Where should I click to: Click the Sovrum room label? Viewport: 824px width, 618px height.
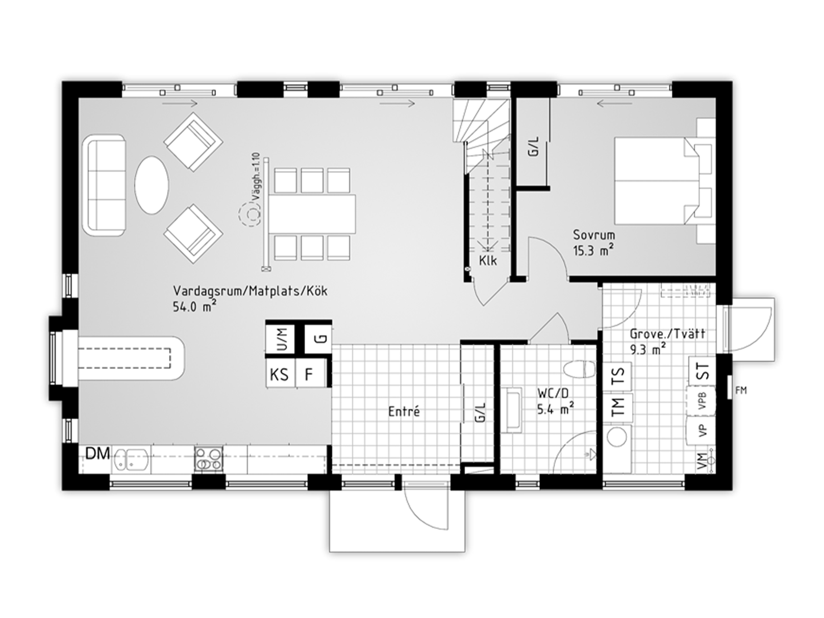coord(594,235)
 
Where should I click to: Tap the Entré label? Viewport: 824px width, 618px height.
coord(404,411)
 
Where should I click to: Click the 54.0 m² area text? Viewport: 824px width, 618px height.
coord(194,307)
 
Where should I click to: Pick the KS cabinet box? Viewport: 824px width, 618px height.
coord(280,374)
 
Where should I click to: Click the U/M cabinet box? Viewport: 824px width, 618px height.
coord(280,338)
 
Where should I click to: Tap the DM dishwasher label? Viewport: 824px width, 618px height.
coord(98,454)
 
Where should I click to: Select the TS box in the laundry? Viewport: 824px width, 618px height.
coord(618,376)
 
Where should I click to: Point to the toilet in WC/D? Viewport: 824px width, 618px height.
coord(579,369)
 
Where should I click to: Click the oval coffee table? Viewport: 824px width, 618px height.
coord(152,185)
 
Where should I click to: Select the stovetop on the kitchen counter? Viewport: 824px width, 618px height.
coord(209,459)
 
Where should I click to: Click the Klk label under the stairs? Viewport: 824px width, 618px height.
coord(488,261)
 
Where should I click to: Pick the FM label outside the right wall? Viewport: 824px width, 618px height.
coord(741,390)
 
